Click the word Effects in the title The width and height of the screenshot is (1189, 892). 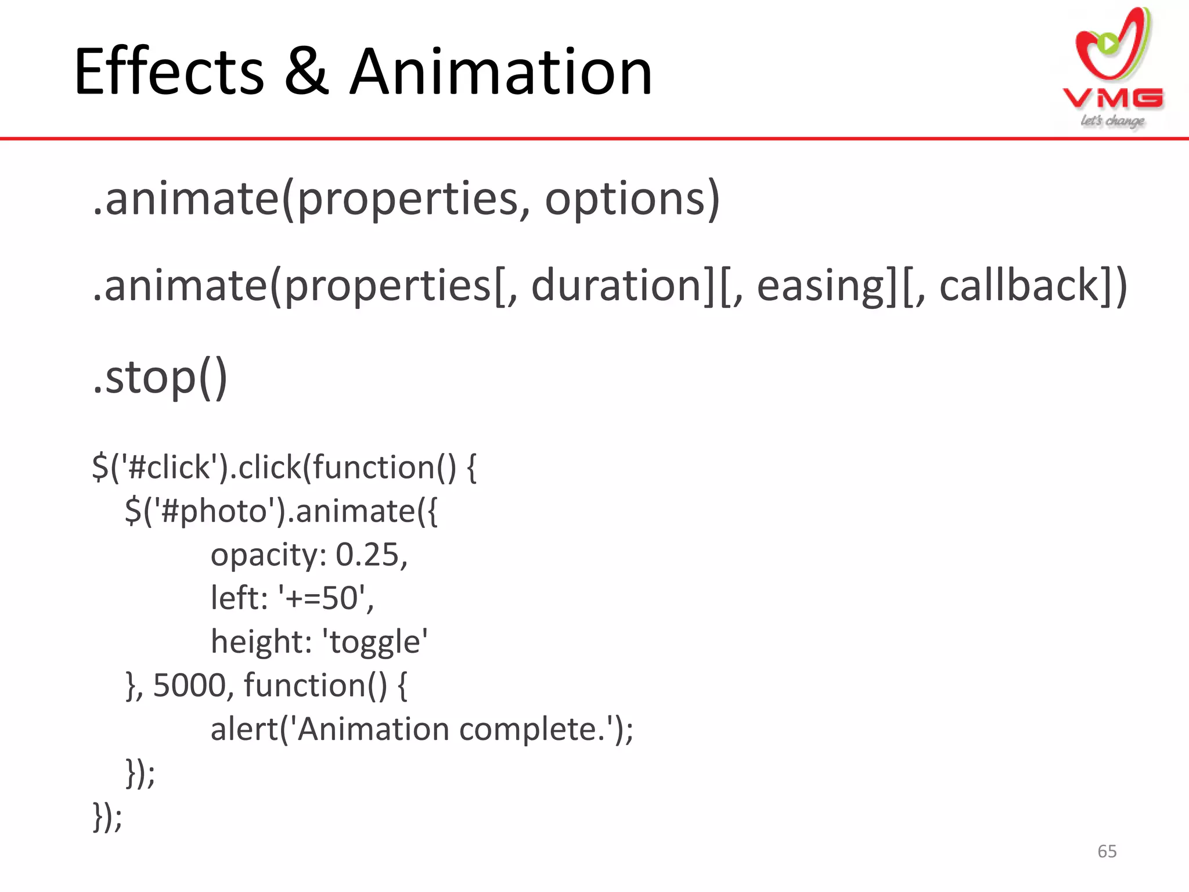[x=169, y=72]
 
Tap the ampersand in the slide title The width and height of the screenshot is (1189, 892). [x=307, y=72]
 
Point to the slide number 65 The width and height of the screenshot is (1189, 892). [x=1107, y=851]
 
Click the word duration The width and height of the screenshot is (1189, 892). [x=617, y=285]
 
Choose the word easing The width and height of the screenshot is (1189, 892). [x=820, y=286]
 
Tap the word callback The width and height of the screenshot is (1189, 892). [x=1019, y=285]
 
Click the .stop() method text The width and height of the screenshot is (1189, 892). [x=160, y=377]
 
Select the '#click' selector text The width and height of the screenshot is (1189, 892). [x=168, y=467]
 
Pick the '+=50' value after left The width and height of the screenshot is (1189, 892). [x=322, y=598]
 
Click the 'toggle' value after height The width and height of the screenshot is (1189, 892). [x=377, y=642]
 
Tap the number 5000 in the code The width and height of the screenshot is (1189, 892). [x=189, y=685]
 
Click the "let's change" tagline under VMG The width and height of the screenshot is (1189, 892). [x=1112, y=121]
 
